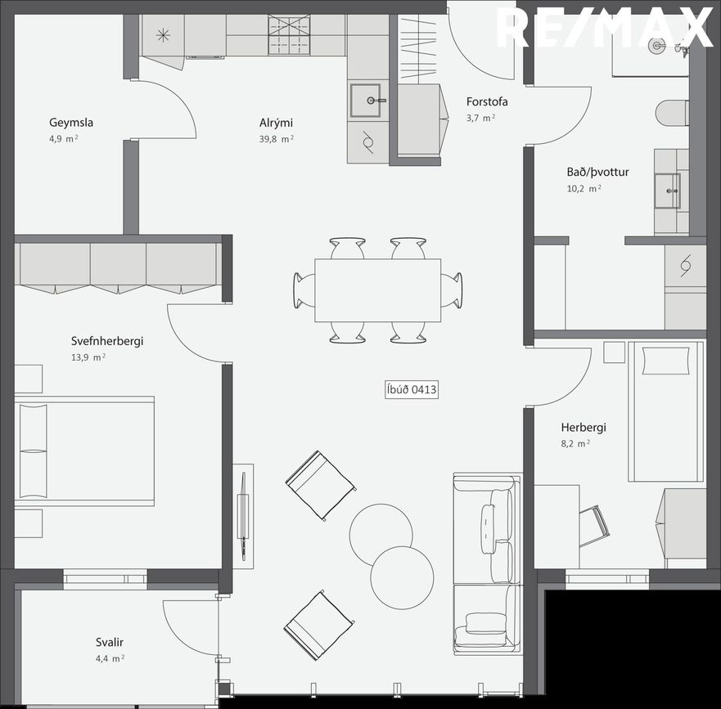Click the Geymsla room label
coord(71,123)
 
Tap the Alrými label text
coord(276,123)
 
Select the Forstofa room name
coord(487,101)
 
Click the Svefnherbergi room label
coord(107,341)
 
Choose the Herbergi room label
coord(584,428)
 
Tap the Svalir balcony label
coord(110,643)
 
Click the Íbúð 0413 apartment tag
coord(412,389)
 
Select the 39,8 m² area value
coord(277,139)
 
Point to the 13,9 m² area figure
coord(88,357)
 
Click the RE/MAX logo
coord(605,28)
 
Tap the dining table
coord(377,290)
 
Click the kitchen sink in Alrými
coord(366,101)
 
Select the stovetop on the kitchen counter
coord(289,35)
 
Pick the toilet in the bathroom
coord(672,113)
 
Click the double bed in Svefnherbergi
coord(84,451)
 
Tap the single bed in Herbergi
coord(666,411)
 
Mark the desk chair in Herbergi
coord(594,526)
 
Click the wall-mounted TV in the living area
coord(243,517)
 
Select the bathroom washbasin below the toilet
coord(668,191)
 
